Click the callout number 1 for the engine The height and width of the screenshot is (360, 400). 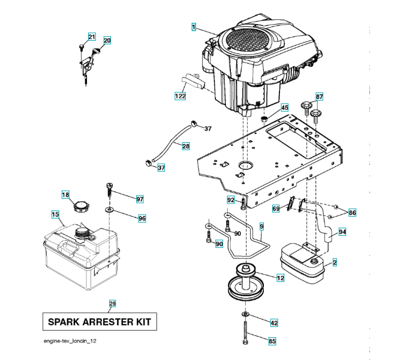pos(194,26)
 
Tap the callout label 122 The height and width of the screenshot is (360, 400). pos(180,96)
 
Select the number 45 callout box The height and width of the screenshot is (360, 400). pos(284,108)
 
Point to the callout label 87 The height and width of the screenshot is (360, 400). pos(319,97)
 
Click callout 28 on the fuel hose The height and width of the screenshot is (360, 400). pos(186,146)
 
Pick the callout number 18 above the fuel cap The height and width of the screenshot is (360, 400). pos(66,194)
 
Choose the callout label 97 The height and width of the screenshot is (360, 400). pos(140,199)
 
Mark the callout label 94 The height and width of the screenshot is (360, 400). pos(342,232)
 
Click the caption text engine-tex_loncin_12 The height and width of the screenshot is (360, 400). pos(70,341)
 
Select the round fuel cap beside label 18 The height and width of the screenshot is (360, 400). pos(79,209)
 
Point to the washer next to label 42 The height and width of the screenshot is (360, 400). pos(245,315)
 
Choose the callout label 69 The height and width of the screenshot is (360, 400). pos(276,208)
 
